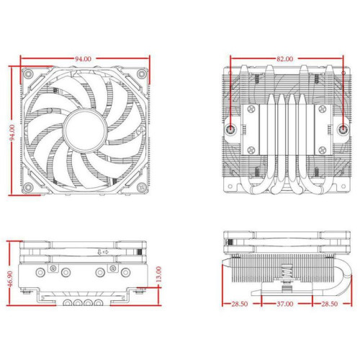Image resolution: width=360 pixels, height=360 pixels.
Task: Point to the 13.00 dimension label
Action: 166,275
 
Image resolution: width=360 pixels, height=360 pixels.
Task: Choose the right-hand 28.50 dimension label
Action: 332,305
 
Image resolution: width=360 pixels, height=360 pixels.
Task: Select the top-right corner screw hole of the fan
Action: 142,74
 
